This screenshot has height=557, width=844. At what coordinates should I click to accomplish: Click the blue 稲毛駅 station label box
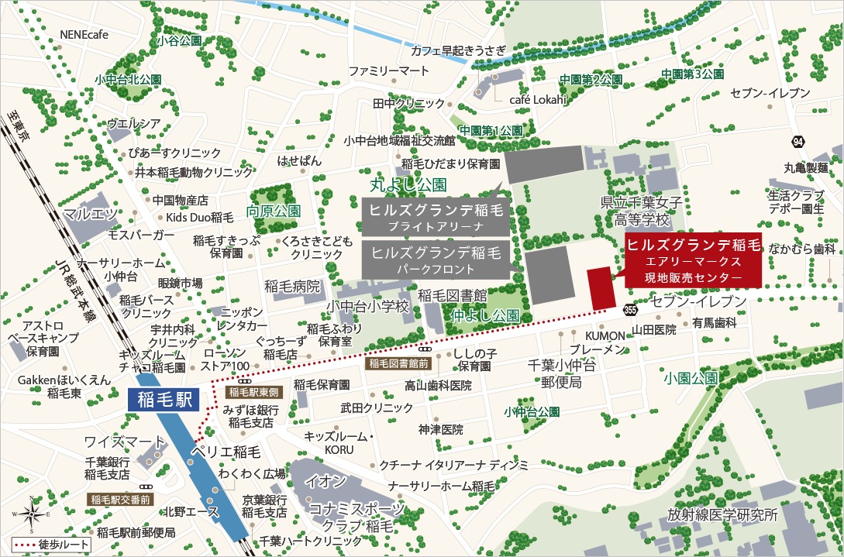(x=162, y=400)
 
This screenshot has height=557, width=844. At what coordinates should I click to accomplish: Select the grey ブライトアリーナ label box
(x=436, y=216)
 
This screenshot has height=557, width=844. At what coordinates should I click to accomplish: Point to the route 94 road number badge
(x=797, y=142)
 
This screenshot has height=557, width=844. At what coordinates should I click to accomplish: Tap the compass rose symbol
(x=32, y=514)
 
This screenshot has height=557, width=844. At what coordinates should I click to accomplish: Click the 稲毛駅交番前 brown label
(x=120, y=499)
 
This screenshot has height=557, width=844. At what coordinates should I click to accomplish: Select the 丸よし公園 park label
(x=408, y=185)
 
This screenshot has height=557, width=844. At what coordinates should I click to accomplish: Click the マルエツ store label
(x=90, y=213)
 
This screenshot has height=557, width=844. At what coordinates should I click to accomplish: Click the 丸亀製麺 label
(x=805, y=167)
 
